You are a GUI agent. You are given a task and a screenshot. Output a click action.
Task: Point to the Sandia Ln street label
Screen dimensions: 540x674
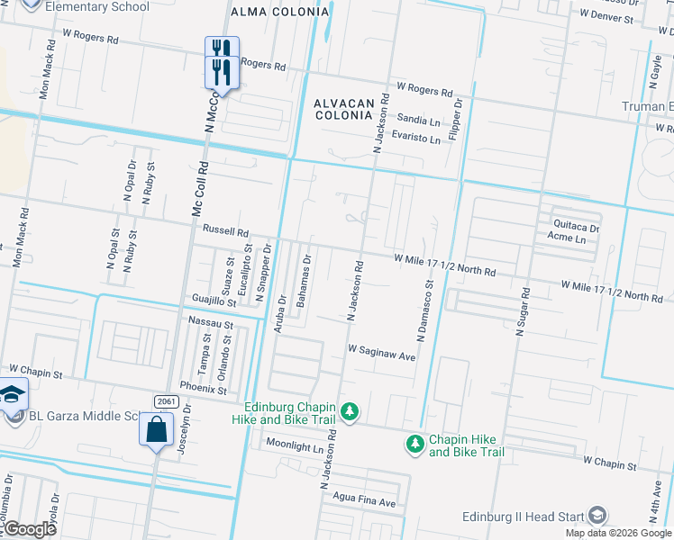click(419, 119)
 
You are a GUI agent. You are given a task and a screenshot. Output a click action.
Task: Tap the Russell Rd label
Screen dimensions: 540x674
click(224, 230)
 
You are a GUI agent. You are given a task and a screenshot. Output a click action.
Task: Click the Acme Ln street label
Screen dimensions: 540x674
click(566, 240)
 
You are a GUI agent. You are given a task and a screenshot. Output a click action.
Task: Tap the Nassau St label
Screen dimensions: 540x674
click(211, 321)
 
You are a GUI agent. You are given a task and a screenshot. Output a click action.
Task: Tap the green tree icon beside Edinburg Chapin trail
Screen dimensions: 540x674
click(350, 413)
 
